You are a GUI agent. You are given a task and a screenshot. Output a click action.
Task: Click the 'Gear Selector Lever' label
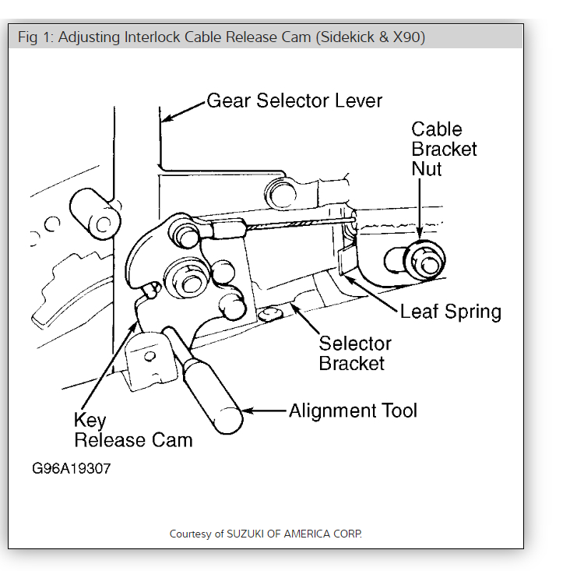tap(294, 100)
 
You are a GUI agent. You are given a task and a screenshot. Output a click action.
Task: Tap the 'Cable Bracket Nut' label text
tap(444, 149)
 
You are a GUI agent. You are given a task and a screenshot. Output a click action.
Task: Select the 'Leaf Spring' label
tap(450, 312)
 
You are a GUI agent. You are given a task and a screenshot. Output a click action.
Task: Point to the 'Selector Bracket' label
tap(355, 353)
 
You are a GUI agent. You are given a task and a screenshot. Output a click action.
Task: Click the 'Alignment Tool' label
tap(353, 411)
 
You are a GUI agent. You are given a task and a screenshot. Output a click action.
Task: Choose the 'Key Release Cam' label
tap(132, 429)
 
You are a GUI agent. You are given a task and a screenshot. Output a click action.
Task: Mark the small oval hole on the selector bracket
tap(270, 314)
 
